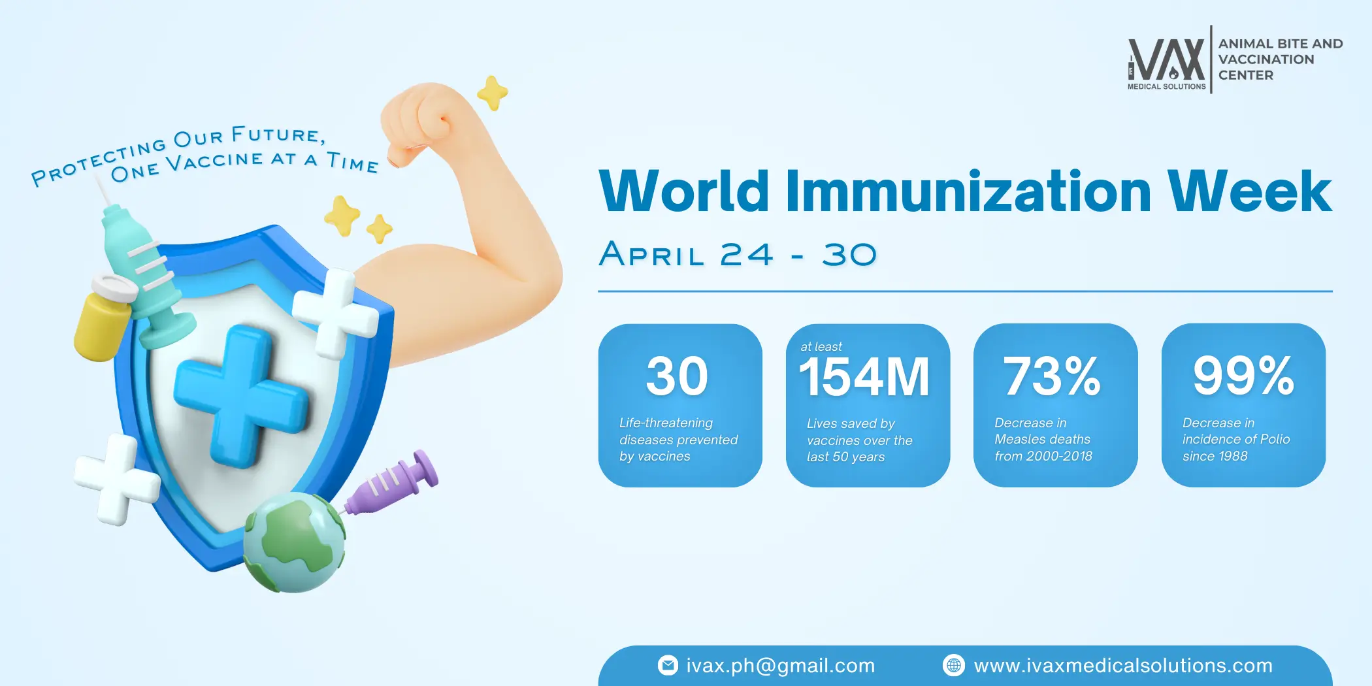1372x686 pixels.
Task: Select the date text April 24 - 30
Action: click(738, 254)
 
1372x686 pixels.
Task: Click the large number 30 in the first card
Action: click(677, 376)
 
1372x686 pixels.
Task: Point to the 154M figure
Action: click(864, 377)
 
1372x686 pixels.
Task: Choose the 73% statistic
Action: click(1052, 376)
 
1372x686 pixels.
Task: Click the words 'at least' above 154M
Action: click(821, 346)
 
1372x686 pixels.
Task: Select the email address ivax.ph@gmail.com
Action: click(780, 665)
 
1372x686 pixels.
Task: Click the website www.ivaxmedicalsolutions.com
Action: click(1123, 665)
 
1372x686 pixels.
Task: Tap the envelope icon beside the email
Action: click(668, 665)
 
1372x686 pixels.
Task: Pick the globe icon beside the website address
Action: click(954, 665)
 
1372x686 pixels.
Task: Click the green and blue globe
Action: click(295, 542)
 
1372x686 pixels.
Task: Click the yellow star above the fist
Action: click(493, 93)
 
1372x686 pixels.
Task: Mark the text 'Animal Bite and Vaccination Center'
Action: click(1281, 59)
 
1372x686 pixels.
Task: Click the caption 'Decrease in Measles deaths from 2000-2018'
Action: click(1043, 440)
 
